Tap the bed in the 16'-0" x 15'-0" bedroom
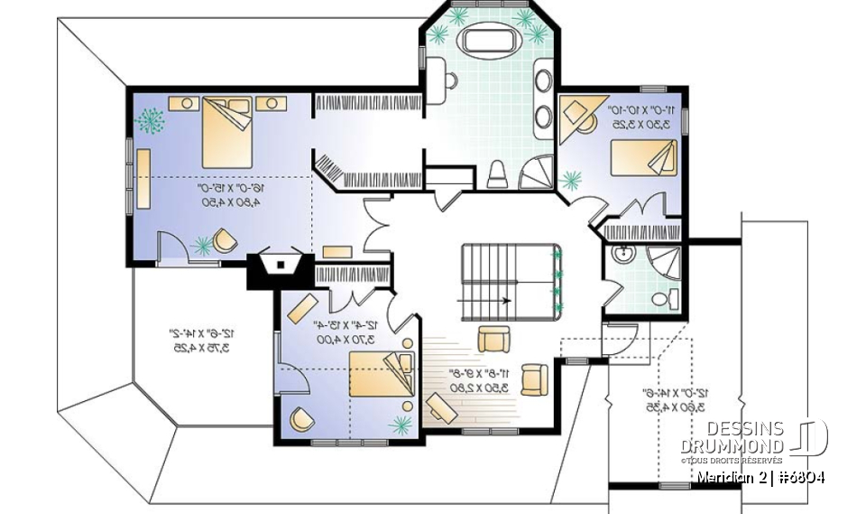click(x=225, y=132)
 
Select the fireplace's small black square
click(x=281, y=266)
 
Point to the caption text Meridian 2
click(x=729, y=477)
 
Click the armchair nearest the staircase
click(x=493, y=339)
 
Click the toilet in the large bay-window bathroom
click(x=498, y=173)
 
